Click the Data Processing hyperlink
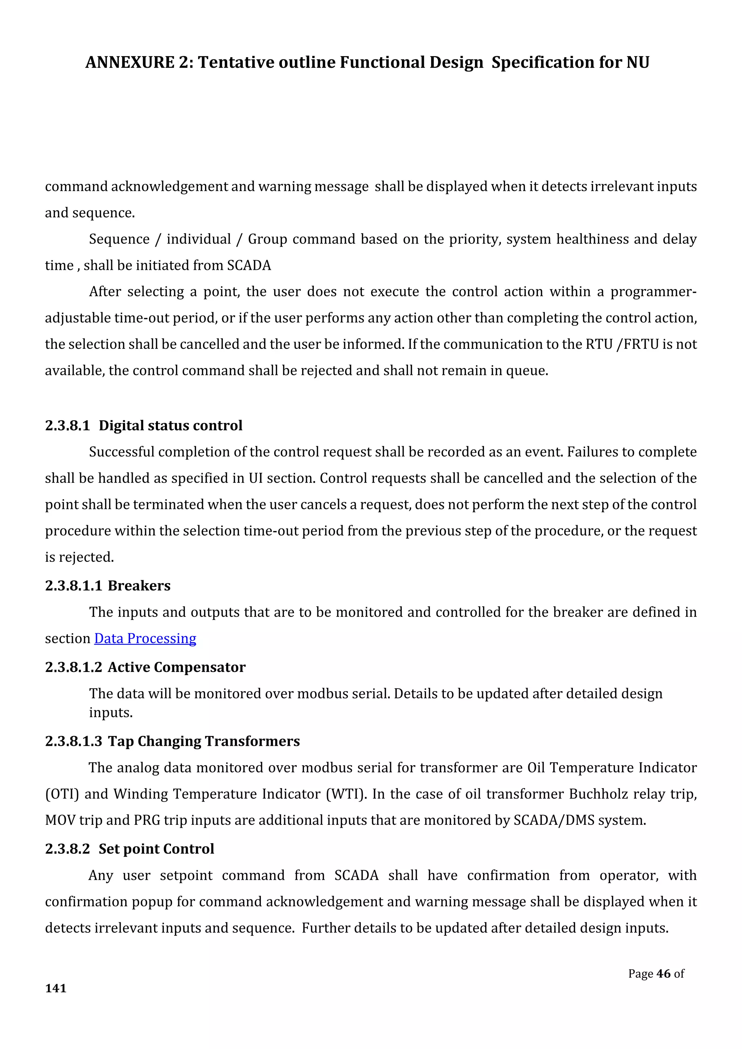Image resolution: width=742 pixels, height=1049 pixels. coord(145,638)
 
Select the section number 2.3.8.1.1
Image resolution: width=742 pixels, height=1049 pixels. coord(73,586)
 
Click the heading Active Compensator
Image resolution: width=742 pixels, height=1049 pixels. coord(176,667)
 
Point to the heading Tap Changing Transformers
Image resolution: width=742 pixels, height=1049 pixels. coord(204,741)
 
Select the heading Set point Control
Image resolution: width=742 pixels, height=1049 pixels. coord(156,849)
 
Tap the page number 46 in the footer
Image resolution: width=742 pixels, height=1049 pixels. coord(663,974)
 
